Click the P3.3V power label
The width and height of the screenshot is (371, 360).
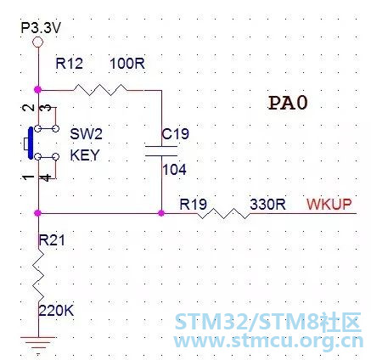point(41,28)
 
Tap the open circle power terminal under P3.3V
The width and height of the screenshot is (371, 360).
point(38,42)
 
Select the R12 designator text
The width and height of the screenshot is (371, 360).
point(70,64)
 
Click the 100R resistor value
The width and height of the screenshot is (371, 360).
point(127,64)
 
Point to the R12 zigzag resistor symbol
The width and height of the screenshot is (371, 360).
point(100,90)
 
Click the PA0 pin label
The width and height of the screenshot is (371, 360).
point(288,103)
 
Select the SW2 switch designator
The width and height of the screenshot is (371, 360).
point(86,133)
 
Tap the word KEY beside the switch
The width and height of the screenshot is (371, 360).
point(85,155)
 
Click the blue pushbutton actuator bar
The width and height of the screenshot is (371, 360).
point(31,143)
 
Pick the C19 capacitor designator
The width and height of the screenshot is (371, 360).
point(175,133)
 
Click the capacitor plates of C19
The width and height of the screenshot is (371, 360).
point(161,151)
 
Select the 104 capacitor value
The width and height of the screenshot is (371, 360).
point(174,170)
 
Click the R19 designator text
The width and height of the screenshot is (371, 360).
point(194,204)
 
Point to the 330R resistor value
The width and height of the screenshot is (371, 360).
point(267,204)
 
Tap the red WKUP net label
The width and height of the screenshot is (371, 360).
point(329,204)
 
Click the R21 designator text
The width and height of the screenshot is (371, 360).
point(52,240)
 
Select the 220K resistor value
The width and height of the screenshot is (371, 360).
point(56,311)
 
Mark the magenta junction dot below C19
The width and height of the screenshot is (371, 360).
point(161,213)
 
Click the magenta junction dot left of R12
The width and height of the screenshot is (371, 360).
point(37,90)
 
